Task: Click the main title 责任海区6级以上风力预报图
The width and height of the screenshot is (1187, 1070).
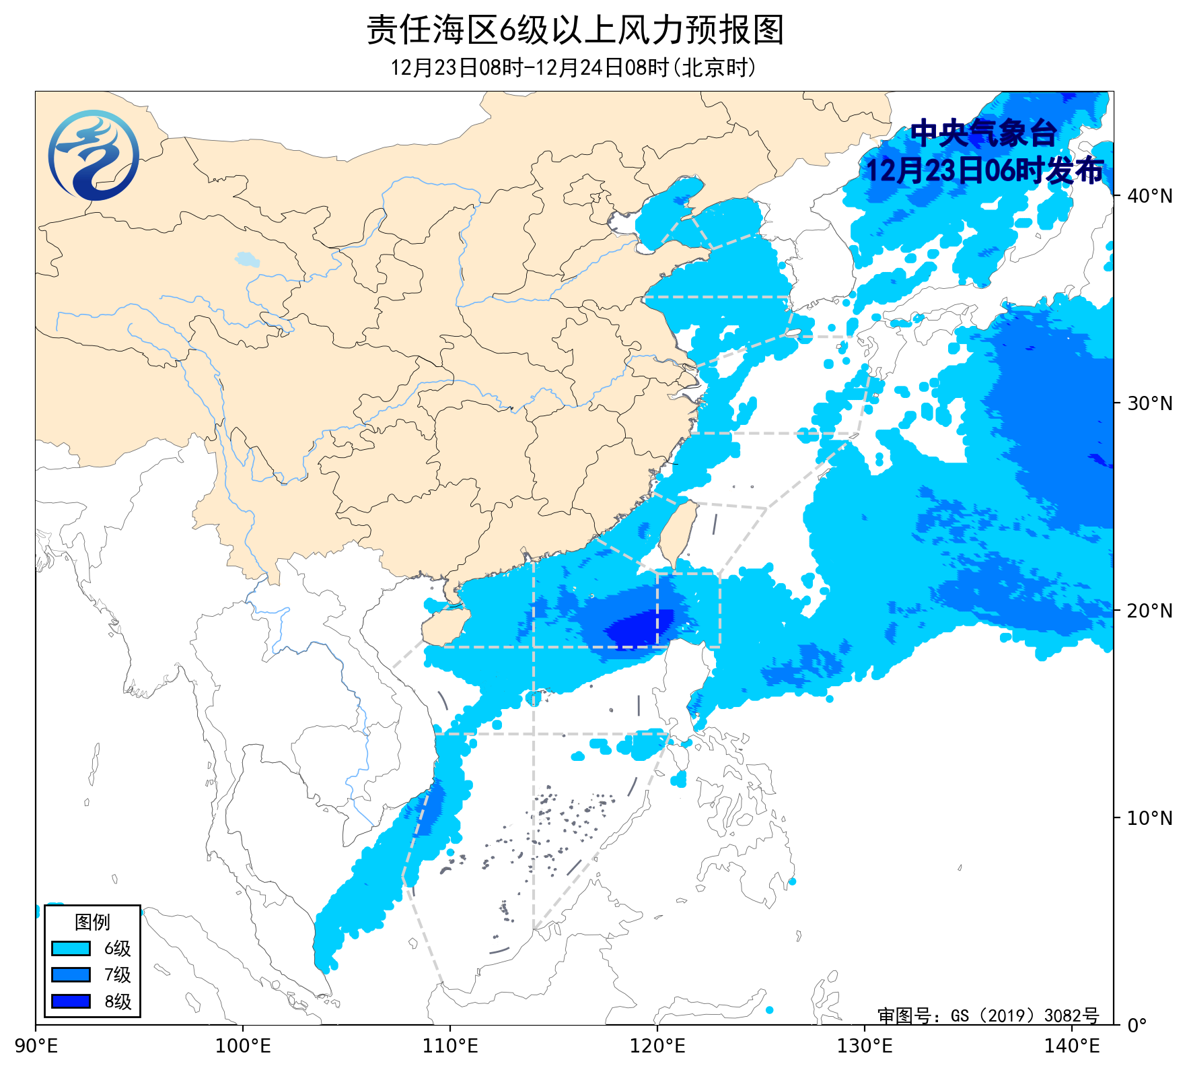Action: tap(575, 31)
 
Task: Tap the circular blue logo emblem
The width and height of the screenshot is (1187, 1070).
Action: tap(94, 156)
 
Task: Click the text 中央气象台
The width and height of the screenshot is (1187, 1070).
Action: tap(983, 133)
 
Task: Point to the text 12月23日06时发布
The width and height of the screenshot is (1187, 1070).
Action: tap(984, 171)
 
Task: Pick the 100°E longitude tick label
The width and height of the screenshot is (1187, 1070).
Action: tap(243, 1046)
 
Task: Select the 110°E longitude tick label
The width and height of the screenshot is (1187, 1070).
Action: tap(450, 1046)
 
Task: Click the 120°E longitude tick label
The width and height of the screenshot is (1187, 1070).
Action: tap(657, 1046)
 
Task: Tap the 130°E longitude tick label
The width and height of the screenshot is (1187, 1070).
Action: tap(865, 1046)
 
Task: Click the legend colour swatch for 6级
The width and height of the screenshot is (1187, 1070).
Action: tap(71, 948)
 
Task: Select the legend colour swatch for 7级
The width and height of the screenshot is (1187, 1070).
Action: tap(71, 974)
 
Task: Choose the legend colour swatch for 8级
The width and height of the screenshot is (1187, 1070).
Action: tap(71, 1001)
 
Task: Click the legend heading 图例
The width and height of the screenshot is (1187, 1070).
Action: tap(92, 922)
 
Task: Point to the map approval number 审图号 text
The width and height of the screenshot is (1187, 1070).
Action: tap(988, 1015)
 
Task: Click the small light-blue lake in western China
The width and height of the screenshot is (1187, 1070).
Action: tap(247, 259)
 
